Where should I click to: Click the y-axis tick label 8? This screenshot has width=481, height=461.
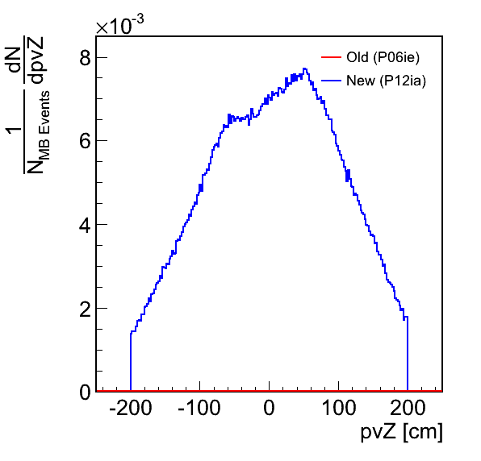click(x=85, y=57)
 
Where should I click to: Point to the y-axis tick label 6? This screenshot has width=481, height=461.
click(x=85, y=141)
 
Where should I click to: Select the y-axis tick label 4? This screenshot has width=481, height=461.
click(x=85, y=225)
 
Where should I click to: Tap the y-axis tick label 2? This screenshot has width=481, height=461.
click(x=85, y=308)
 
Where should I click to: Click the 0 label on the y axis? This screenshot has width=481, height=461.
click(x=85, y=392)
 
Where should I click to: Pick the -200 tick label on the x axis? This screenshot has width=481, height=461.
click(x=131, y=407)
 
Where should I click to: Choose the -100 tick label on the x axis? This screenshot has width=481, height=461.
click(x=199, y=407)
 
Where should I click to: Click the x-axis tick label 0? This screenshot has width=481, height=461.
click(x=269, y=407)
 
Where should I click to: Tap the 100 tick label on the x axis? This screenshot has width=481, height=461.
click(x=339, y=407)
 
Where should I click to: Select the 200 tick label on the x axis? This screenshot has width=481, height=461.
click(x=408, y=407)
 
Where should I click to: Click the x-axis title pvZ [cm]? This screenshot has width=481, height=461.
click(x=402, y=432)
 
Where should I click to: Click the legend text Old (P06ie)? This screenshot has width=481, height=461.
click(x=383, y=57)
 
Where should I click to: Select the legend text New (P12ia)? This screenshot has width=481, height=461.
click(x=387, y=81)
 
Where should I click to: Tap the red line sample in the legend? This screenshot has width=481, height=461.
click(x=332, y=57)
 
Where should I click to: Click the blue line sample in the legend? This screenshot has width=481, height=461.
click(x=332, y=81)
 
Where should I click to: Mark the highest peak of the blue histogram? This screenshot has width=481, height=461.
click(x=304, y=69)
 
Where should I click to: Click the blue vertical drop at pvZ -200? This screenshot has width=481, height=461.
click(x=131, y=362)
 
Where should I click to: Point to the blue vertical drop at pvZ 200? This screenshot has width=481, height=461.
click(x=408, y=354)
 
